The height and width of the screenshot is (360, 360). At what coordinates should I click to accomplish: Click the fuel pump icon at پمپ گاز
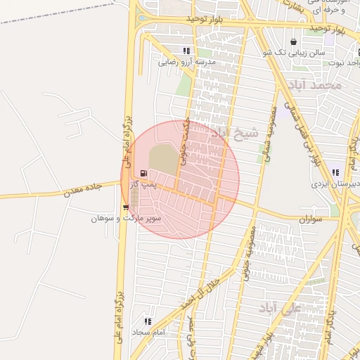(144, 173)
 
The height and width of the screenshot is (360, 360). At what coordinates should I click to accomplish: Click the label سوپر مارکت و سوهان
(127, 219)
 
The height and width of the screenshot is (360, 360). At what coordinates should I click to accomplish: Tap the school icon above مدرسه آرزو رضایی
(186, 51)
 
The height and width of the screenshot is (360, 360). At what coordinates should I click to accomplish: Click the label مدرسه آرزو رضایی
(186, 62)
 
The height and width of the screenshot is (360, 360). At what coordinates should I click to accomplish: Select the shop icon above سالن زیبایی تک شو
(293, 42)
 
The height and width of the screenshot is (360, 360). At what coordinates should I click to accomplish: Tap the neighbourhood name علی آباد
(278, 308)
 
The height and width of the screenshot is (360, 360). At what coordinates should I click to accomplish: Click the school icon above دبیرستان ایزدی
(336, 172)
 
